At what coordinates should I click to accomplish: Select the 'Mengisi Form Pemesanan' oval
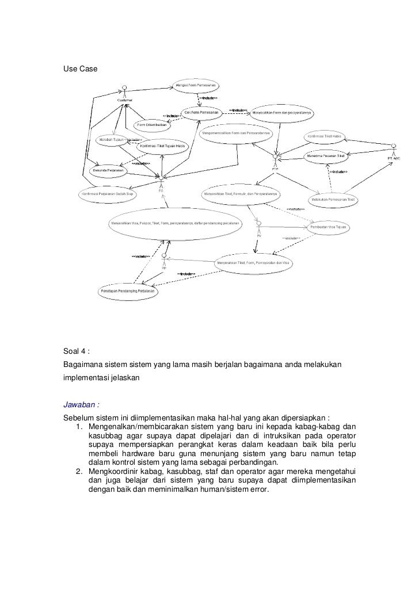[x=196, y=85]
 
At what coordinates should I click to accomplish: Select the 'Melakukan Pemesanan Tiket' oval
[x=334, y=199]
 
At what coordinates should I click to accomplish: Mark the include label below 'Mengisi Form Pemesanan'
[x=208, y=98]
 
